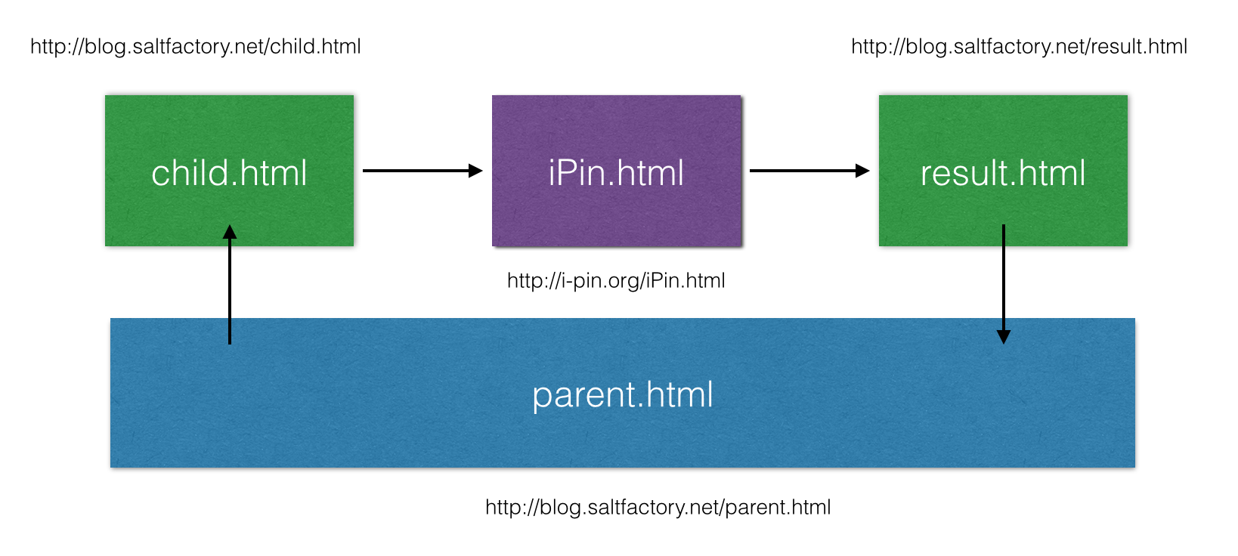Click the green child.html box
pos(229,171)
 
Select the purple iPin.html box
pos(616,171)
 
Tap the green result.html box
pos(1003,171)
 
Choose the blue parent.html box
pos(622,393)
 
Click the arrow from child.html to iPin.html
pos(422,171)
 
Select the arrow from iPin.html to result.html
pos(809,171)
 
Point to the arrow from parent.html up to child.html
pos(229,284)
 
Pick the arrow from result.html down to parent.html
pos(1004,284)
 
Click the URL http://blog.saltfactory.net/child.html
pos(196,46)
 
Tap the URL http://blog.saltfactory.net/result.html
pos(1019,46)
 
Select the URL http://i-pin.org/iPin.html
pos(616,281)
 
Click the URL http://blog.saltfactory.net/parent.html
pos(658,508)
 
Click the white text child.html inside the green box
pos(229,173)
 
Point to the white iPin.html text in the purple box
pos(616,173)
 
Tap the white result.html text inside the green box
pos(1003,173)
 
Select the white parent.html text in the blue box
pos(623,396)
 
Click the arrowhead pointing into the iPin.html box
pos(476,171)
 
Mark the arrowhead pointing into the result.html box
pos(862,171)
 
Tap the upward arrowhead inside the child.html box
pos(229,232)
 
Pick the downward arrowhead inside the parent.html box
pos(1004,337)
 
